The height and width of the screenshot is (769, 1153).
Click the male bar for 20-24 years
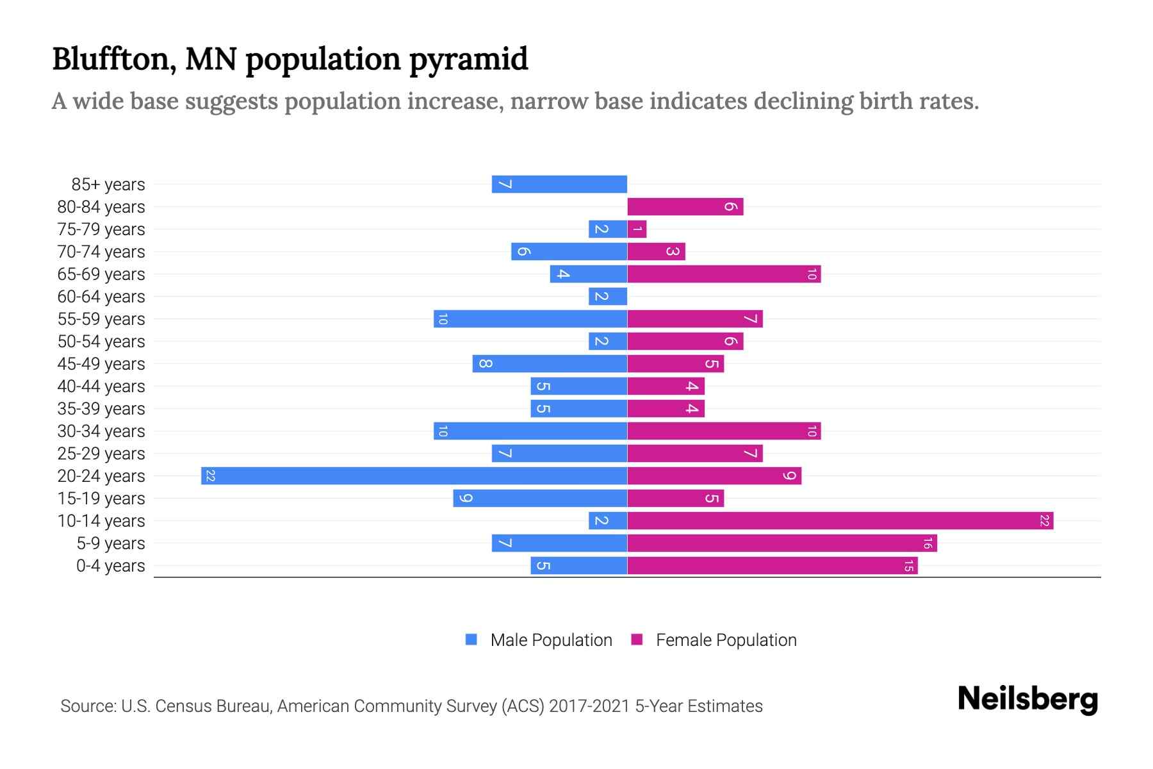[x=414, y=475]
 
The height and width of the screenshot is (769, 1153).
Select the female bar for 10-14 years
[x=840, y=520]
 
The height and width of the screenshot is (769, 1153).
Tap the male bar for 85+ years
[x=559, y=184]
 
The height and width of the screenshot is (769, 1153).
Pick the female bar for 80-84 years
[x=685, y=206]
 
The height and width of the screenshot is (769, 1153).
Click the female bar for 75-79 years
[x=637, y=229]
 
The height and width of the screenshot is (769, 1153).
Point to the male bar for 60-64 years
[x=607, y=296]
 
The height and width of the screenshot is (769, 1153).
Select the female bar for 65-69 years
[x=724, y=274]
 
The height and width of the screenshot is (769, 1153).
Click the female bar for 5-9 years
[x=781, y=543]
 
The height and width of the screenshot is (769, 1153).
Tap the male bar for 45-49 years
[x=550, y=363]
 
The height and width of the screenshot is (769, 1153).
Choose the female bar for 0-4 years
[x=772, y=565]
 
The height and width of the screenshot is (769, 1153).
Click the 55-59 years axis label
[x=101, y=319]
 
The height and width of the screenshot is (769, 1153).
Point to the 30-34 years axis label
[x=101, y=431]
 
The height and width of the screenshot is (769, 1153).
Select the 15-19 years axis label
[x=101, y=499]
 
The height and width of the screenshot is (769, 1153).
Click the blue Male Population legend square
[x=471, y=640]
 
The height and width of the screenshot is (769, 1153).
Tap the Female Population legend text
[x=726, y=640]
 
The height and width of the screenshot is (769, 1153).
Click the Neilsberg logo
[x=1027, y=699]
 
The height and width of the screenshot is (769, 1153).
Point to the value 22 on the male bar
[x=210, y=475]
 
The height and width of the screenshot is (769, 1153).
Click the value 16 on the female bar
[x=927, y=543]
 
